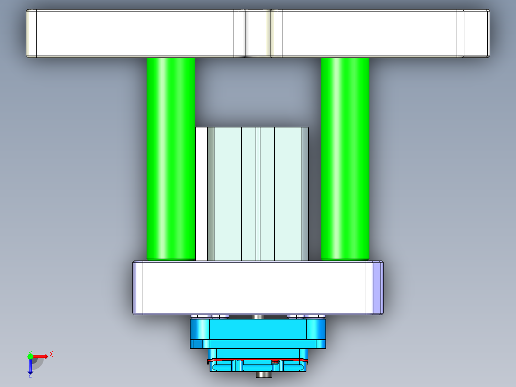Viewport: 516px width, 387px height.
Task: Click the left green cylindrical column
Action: [x=171, y=158]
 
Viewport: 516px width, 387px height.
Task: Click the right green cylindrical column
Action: [x=345, y=158]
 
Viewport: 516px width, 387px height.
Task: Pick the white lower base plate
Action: [x=254, y=287]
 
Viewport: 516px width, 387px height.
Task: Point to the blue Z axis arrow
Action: [x=30, y=367]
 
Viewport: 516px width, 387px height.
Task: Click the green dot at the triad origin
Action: [x=30, y=356]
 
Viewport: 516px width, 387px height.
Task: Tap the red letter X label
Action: [x=51, y=354]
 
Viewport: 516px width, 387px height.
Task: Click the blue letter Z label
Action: [x=30, y=376]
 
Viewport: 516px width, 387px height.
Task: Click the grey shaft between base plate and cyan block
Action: [x=258, y=317]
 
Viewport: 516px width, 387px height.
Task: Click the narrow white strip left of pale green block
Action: [x=202, y=194]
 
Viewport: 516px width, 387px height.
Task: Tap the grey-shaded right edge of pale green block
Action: [x=305, y=194]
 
